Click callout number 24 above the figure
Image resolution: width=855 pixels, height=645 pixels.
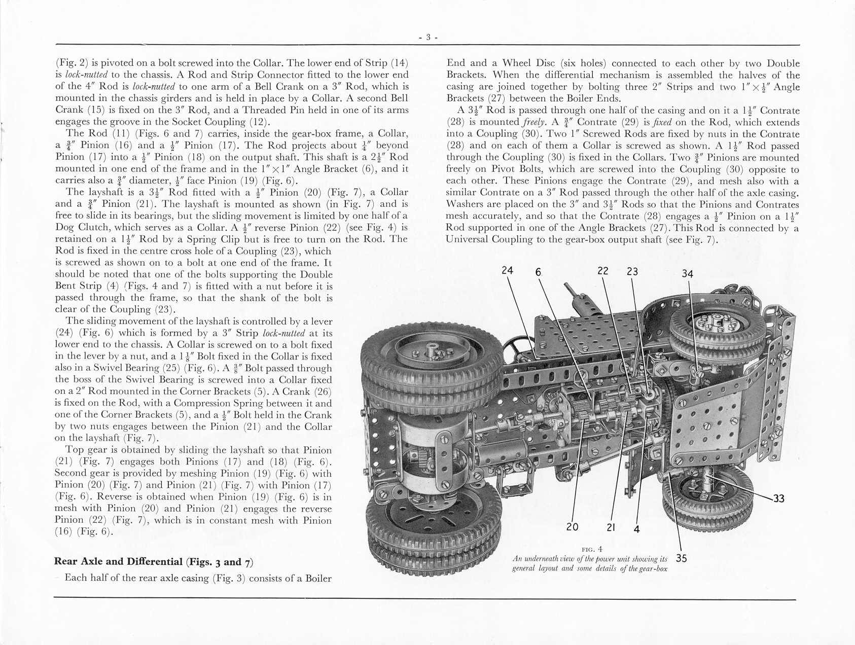click(x=507, y=270)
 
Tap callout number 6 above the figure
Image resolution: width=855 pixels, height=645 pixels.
click(x=538, y=272)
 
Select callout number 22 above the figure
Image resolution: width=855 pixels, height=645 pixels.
click(x=602, y=271)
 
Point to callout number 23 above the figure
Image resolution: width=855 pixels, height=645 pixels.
click(x=632, y=271)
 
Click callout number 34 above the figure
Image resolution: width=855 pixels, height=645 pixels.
click(x=687, y=274)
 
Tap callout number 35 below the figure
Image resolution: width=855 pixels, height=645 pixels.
click(x=682, y=558)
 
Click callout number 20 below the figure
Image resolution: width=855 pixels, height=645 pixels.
click(x=572, y=527)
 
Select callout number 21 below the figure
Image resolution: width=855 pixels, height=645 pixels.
click(x=611, y=527)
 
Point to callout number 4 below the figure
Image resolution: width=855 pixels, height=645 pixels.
click(x=637, y=529)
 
